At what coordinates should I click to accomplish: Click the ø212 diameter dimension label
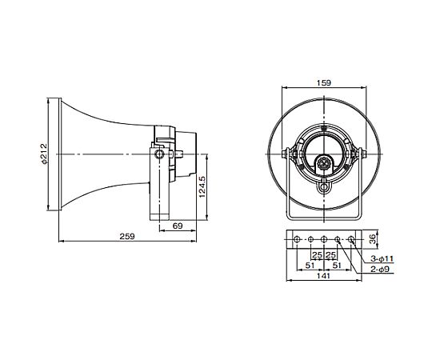click(44, 154)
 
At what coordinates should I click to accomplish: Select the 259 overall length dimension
click(127, 236)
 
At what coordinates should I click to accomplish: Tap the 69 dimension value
click(178, 226)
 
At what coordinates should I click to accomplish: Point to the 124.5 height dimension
click(202, 186)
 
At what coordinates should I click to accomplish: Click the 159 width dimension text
click(324, 82)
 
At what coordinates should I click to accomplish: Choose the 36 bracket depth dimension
click(372, 239)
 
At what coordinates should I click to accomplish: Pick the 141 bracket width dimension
click(323, 276)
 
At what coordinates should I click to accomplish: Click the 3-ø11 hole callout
click(382, 259)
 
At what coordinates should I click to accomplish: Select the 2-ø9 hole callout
click(380, 270)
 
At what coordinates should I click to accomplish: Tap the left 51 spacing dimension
click(310, 266)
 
